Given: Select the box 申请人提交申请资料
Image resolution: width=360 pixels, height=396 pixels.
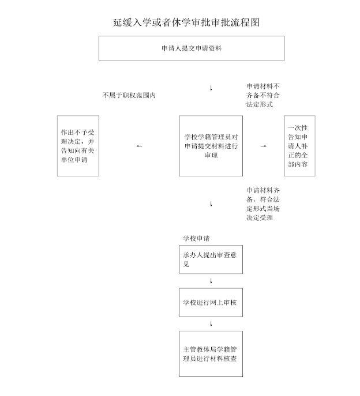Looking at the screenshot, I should [x=192, y=48].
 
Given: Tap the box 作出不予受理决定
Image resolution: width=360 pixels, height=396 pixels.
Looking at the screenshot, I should [x=78, y=146].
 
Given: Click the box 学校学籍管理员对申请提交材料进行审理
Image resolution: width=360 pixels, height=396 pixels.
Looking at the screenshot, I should [x=211, y=146].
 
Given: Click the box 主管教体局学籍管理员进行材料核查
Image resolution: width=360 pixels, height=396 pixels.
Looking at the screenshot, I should [x=211, y=354].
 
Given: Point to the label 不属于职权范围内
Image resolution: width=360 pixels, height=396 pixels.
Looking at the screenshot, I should [x=129, y=95].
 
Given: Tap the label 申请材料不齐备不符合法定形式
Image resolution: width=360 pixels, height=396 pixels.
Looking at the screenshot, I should [x=263, y=95].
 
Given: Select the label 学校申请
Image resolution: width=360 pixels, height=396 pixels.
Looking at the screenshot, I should [x=196, y=239].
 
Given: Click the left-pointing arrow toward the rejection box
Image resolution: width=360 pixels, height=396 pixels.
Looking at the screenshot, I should [x=139, y=146].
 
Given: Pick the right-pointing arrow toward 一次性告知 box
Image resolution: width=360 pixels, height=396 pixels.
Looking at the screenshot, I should [x=263, y=146].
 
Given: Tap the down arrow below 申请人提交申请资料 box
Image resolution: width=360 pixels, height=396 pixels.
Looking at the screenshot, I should [x=211, y=88].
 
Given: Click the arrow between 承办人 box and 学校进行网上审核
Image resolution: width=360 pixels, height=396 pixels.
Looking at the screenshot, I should [x=211, y=281].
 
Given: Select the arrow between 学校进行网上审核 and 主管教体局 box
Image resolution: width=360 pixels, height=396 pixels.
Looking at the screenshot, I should [x=211, y=323].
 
